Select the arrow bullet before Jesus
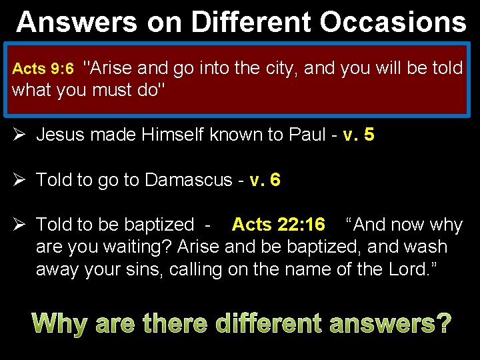click(19, 135)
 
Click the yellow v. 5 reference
click(358, 135)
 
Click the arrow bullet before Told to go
click(19, 180)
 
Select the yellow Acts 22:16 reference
click(278, 225)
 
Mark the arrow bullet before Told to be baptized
click(19, 225)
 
